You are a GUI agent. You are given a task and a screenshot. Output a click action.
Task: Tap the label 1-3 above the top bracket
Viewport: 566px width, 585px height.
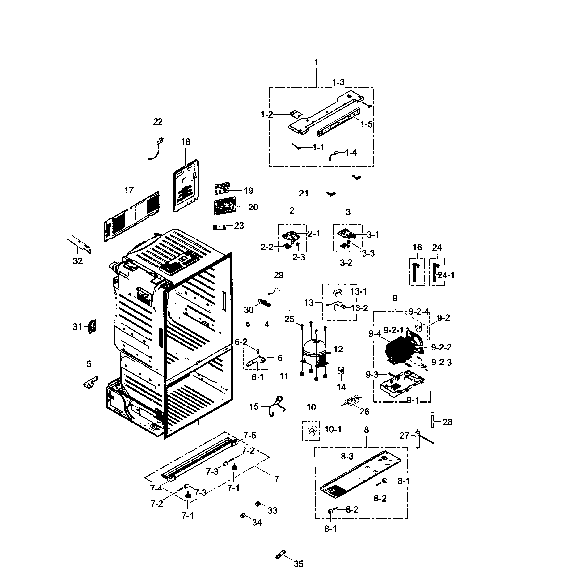pyautogui.click(x=338, y=82)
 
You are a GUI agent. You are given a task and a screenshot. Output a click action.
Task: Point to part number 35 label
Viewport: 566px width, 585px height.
pyautogui.click(x=298, y=564)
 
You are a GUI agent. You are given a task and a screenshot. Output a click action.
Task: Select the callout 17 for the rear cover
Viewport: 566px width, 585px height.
pyautogui.click(x=129, y=190)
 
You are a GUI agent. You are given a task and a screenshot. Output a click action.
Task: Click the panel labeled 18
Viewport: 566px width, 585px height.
pyautogui.click(x=186, y=186)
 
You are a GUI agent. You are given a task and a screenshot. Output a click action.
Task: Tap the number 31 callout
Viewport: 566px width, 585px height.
pyautogui.click(x=77, y=327)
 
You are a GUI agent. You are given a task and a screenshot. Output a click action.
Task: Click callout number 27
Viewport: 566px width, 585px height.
pyautogui.click(x=404, y=436)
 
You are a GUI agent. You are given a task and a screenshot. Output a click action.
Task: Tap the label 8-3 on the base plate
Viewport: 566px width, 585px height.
pyautogui.click(x=347, y=456)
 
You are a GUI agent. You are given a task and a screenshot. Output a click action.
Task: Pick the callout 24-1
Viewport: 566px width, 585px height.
pyautogui.click(x=446, y=275)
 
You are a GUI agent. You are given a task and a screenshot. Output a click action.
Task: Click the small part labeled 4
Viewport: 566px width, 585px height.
pyautogui.click(x=248, y=324)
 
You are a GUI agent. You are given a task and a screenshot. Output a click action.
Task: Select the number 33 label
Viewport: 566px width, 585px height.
pyautogui.click(x=272, y=511)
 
